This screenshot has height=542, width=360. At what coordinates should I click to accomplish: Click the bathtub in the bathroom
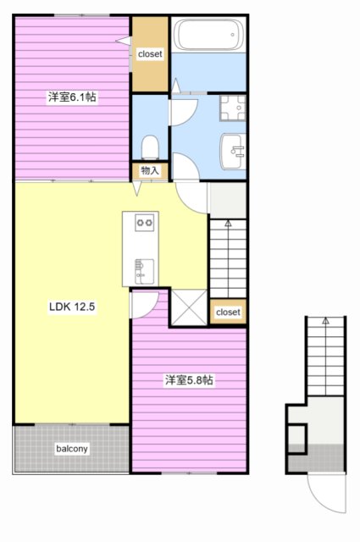(208, 35)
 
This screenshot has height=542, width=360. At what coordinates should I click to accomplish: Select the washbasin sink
(233, 152)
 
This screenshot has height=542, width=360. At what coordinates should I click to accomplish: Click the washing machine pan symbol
(233, 108)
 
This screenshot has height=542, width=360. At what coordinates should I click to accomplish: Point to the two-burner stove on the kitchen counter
(145, 223)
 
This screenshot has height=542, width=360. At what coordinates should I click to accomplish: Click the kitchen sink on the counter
(144, 271)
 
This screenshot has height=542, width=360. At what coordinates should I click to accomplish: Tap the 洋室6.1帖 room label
(72, 97)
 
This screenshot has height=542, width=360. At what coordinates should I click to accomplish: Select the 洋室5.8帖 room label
(189, 380)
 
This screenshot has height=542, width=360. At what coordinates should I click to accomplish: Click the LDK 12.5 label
(72, 307)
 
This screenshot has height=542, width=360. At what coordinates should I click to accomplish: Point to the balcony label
(72, 449)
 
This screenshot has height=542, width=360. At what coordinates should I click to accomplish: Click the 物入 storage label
(150, 170)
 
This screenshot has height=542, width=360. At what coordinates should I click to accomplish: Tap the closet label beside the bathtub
(150, 54)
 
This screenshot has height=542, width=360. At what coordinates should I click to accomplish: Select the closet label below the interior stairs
(228, 312)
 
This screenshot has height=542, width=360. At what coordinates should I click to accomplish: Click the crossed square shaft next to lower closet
(189, 307)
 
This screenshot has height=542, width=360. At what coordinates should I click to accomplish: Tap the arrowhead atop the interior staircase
(228, 224)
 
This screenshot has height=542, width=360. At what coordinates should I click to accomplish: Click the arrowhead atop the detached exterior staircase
(325, 321)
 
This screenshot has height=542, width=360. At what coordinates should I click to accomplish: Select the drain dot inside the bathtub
(233, 35)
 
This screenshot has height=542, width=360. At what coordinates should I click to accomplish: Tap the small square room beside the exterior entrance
(296, 439)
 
